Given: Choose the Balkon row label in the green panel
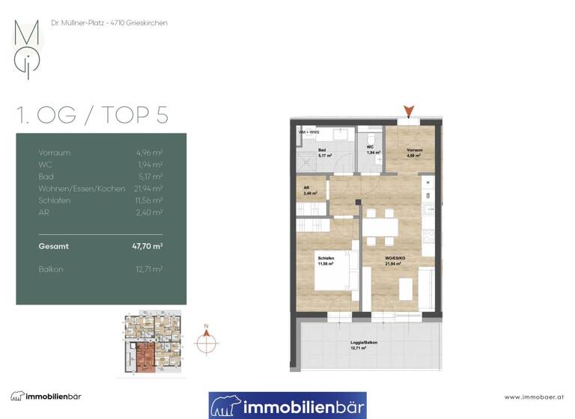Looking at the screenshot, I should tap(52, 268).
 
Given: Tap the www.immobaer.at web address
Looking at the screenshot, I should tap(534, 397).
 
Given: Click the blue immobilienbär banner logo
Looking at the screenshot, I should tap(287, 406).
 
